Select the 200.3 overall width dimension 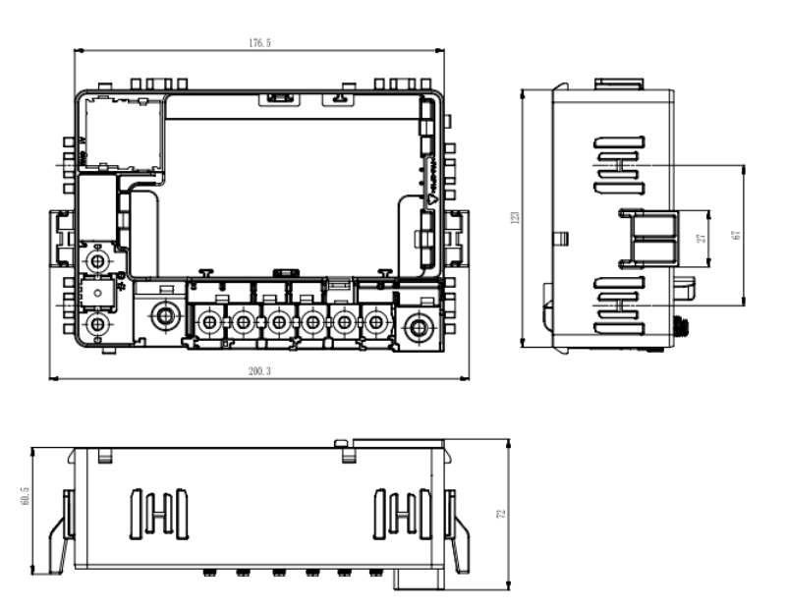pos(260,372)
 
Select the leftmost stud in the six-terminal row pos(209,320)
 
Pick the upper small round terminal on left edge pos(97,261)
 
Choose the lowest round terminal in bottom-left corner pos(97,324)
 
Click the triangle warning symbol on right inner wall pos(430,196)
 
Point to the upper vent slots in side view pos(618,164)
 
